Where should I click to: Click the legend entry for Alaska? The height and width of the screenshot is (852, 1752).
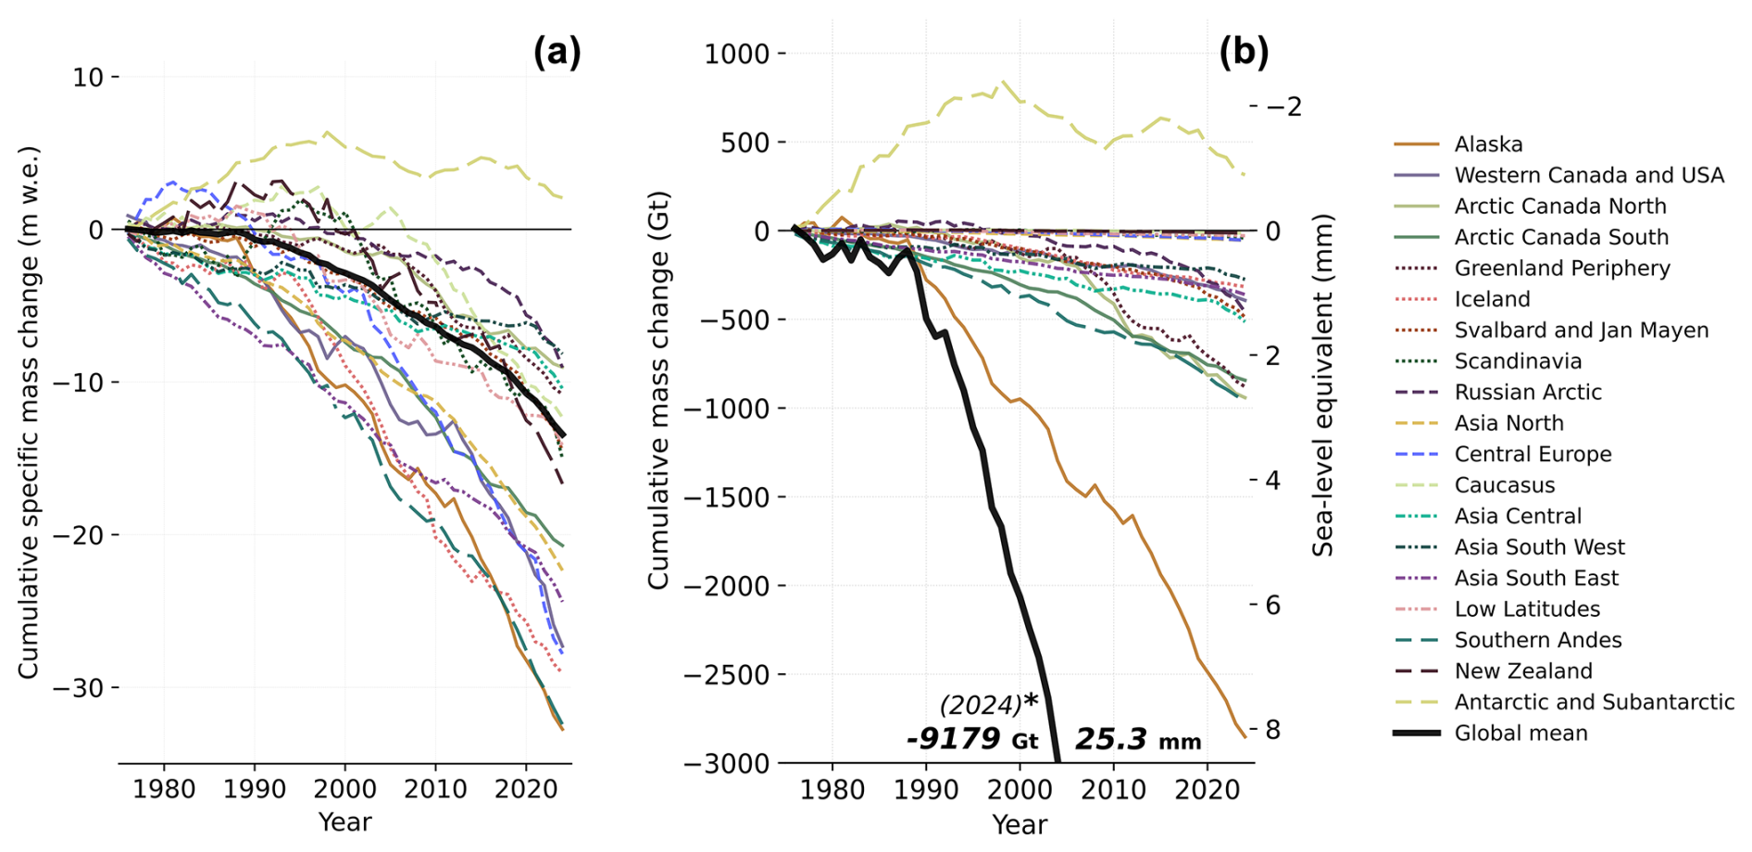pyautogui.click(x=1488, y=144)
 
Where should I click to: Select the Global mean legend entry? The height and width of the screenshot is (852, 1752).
pyautogui.click(x=1520, y=733)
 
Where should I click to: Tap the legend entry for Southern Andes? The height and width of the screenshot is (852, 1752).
pyautogui.click(x=1537, y=640)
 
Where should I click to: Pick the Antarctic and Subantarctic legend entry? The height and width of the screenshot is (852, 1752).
pyautogui.click(x=1594, y=702)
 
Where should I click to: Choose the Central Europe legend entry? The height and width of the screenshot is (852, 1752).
pyautogui.click(x=1533, y=454)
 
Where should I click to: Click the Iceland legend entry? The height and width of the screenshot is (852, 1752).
pyautogui.click(x=1492, y=299)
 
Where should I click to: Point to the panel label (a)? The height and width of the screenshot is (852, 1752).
pyautogui.click(x=557, y=53)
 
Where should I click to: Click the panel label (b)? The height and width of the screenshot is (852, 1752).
pyautogui.click(x=1243, y=53)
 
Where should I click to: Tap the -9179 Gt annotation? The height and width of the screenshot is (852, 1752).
pyautogui.click(x=972, y=739)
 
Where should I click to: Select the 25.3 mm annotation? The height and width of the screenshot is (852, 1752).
pyautogui.click(x=1138, y=739)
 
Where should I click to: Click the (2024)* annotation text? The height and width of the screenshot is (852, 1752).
pyautogui.click(x=988, y=705)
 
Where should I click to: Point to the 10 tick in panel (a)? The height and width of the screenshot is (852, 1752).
pyautogui.click(x=88, y=77)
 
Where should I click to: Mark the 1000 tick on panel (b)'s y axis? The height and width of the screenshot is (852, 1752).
pyautogui.click(x=736, y=54)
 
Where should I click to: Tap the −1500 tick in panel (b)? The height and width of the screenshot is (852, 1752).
pyautogui.click(x=727, y=497)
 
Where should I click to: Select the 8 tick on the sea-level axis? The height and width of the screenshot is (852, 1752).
pyautogui.click(x=1272, y=730)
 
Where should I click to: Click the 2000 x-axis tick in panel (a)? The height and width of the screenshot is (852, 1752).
pyautogui.click(x=344, y=789)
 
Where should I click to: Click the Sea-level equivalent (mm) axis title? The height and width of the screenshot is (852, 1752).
pyautogui.click(x=1322, y=385)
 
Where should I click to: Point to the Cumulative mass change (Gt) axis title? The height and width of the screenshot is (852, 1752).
pyautogui.click(x=657, y=390)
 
